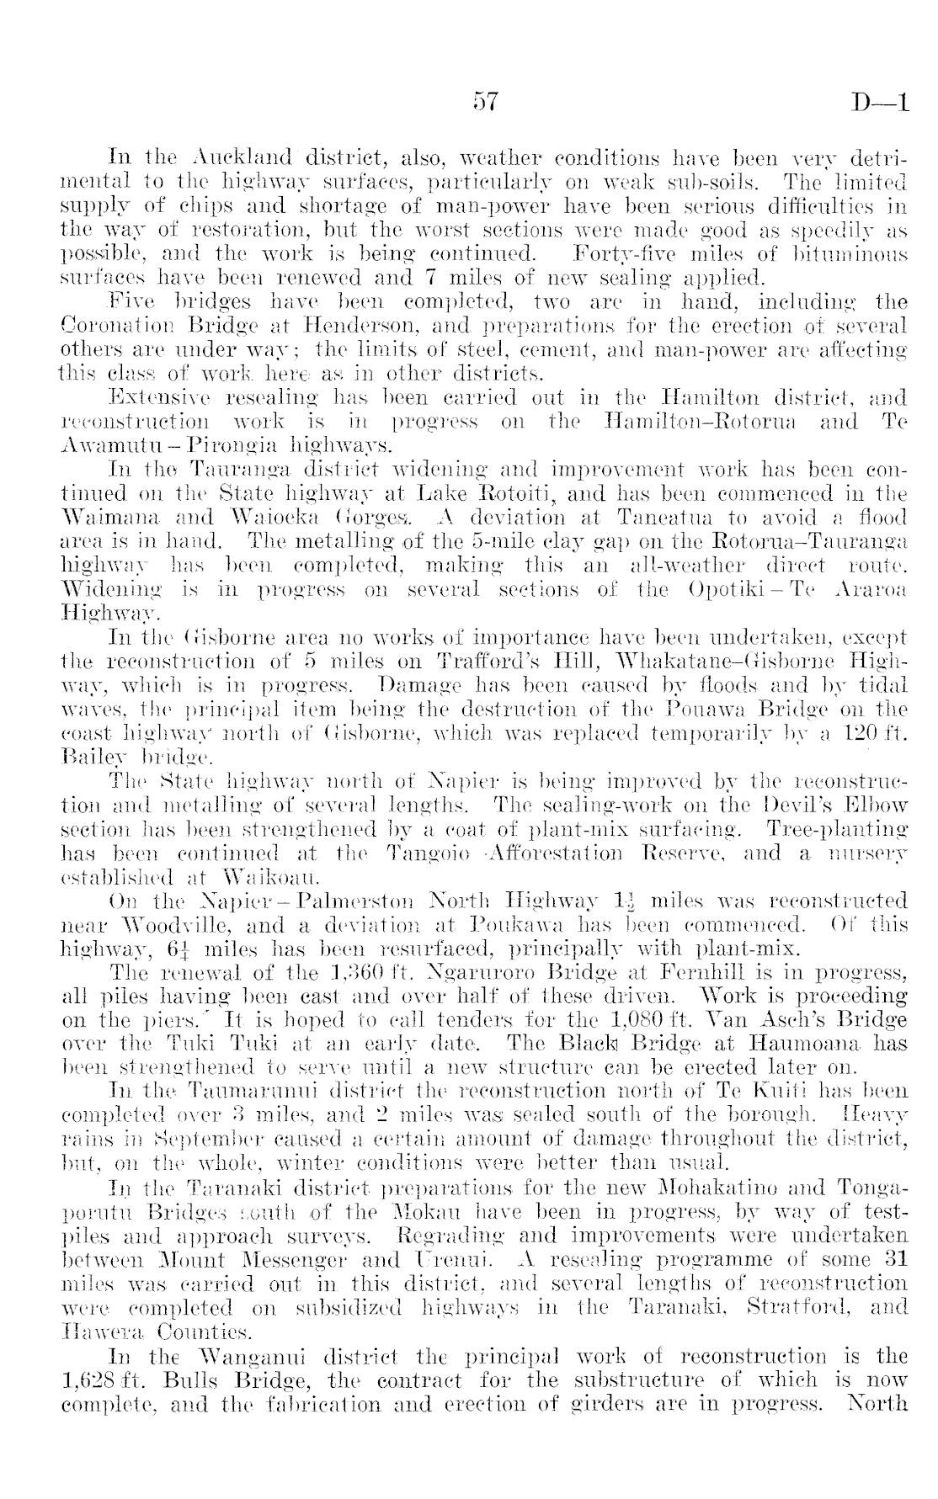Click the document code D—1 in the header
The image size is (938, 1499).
click(x=880, y=103)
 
